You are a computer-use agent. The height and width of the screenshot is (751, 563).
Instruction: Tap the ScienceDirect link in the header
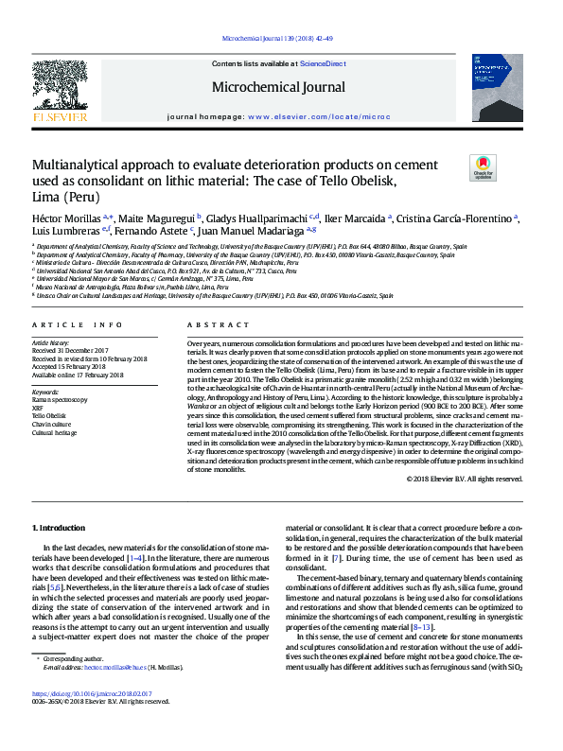point(321,63)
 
